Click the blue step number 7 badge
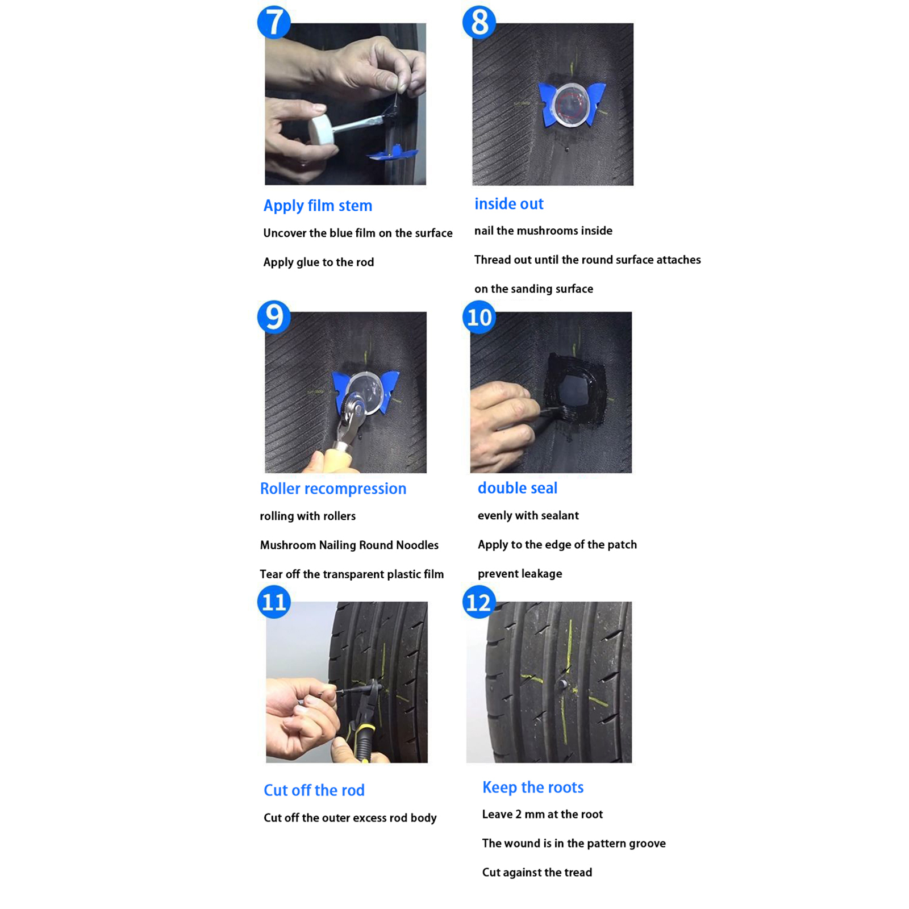point(274,22)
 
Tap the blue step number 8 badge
point(479,22)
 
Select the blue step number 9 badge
point(274,317)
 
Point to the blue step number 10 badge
point(479,317)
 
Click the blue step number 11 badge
point(274,602)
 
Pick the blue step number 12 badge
point(479,602)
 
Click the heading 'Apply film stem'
point(318,206)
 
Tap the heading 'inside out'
point(508,203)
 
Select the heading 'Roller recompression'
point(333,489)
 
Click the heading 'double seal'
point(517,487)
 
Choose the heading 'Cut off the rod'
point(314,790)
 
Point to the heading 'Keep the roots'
point(532,787)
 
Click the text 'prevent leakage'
point(519,574)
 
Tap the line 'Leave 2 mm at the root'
point(542,814)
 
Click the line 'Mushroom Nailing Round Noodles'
point(349,545)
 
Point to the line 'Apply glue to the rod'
point(318,262)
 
